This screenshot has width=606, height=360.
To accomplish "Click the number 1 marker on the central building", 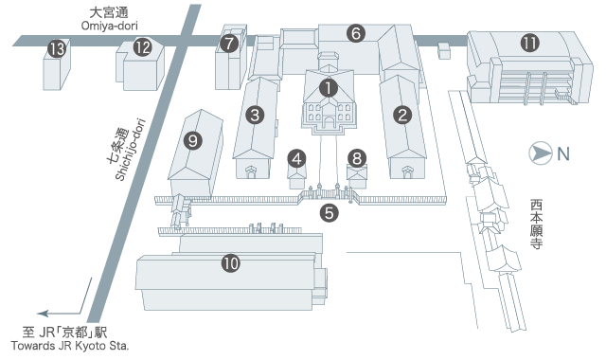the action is [x=329, y=88].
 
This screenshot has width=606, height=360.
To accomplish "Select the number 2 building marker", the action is [x=402, y=115].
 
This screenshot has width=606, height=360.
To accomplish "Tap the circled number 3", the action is [x=255, y=115].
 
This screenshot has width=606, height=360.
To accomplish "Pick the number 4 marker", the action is [x=296, y=159].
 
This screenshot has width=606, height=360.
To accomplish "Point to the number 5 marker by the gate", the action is [x=330, y=212].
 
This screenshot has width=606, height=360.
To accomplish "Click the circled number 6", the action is [x=356, y=33].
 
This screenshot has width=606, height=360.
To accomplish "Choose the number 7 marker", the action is [x=229, y=43].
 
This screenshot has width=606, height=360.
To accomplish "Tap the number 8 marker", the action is [x=357, y=158].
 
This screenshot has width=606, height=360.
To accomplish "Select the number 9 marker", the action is [x=193, y=140].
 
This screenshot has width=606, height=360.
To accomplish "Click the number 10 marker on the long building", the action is [x=231, y=263].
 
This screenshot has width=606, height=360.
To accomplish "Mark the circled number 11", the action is [x=530, y=43].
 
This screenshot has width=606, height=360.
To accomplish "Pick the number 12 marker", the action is [x=143, y=47].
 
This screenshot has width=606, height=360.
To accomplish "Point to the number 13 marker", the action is [x=57, y=49].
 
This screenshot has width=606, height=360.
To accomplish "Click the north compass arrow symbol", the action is [x=541, y=153].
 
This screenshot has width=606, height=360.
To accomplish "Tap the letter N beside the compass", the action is [x=563, y=154].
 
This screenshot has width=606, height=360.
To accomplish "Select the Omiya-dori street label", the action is [x=110, y=26].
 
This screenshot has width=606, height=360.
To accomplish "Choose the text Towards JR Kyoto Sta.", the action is [x=69, y=345].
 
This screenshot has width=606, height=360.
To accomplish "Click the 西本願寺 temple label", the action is [x=536, y=224].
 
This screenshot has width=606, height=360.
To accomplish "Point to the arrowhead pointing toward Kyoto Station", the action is [x=43, y=314].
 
